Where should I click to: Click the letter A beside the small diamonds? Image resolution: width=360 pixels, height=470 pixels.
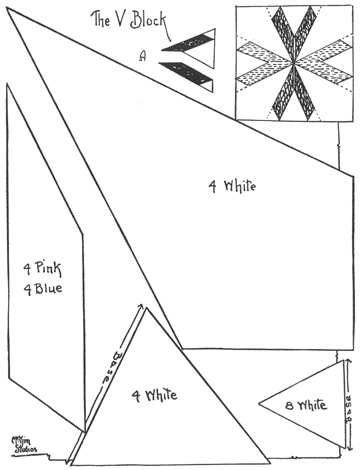coord(143,56)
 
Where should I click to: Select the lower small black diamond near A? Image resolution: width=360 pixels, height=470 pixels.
coord(189,70)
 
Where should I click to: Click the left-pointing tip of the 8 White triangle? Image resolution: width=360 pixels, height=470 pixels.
coord(260,404)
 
